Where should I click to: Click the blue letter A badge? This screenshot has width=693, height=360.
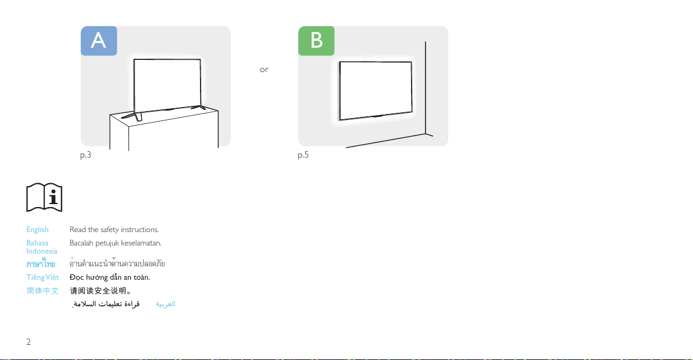(x=99, y=41)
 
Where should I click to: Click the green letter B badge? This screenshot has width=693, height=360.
(x=316, y=41)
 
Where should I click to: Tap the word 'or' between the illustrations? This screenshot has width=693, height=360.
(x=264, y=69)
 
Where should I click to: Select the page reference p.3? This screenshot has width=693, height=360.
(x=85, y=155)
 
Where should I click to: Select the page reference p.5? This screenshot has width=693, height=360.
(x=303, y=155)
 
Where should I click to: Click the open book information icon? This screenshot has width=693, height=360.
(x=44, y=197)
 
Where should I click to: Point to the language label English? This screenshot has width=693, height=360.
(x=37, y=230)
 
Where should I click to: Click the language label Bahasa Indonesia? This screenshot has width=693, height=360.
(x=41, y=247)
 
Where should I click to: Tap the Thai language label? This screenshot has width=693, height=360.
(x=41, y=264)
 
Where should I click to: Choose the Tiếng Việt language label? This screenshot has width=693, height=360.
(x=42, y=277)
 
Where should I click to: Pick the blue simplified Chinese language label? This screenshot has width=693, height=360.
(x=42, y=291)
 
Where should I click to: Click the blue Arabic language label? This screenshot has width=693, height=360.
(x=165, y=304)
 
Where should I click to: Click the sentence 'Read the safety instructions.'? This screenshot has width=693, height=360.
(x=114, y=230)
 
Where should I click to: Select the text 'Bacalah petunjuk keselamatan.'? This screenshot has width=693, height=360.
(x=115, y=243)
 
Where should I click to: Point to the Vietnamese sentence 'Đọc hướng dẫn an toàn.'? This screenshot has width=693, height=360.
(x=110, y=277)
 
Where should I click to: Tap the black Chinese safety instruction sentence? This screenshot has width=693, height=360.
(x=101, y=291)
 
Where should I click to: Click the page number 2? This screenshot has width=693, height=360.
(x=28, y=342)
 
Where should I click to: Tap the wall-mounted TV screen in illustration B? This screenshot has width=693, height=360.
(x=376, y=91)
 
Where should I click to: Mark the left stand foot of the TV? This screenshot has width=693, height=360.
(x=132, y=116)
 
